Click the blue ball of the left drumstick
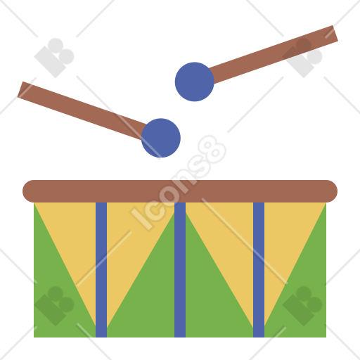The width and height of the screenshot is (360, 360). [161, 138]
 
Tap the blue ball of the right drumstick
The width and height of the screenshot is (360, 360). [195, 82]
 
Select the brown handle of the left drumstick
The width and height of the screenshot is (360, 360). [82, 110]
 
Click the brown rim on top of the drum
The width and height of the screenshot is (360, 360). [180, 191]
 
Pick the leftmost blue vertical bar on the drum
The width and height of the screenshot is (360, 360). [101, 270]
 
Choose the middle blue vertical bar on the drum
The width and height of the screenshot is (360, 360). [180, 270]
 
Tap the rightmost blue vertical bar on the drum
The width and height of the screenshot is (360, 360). [259, 270]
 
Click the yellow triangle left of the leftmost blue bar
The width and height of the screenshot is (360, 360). [75, 234]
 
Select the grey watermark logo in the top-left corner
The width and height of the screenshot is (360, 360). [54, 58]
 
